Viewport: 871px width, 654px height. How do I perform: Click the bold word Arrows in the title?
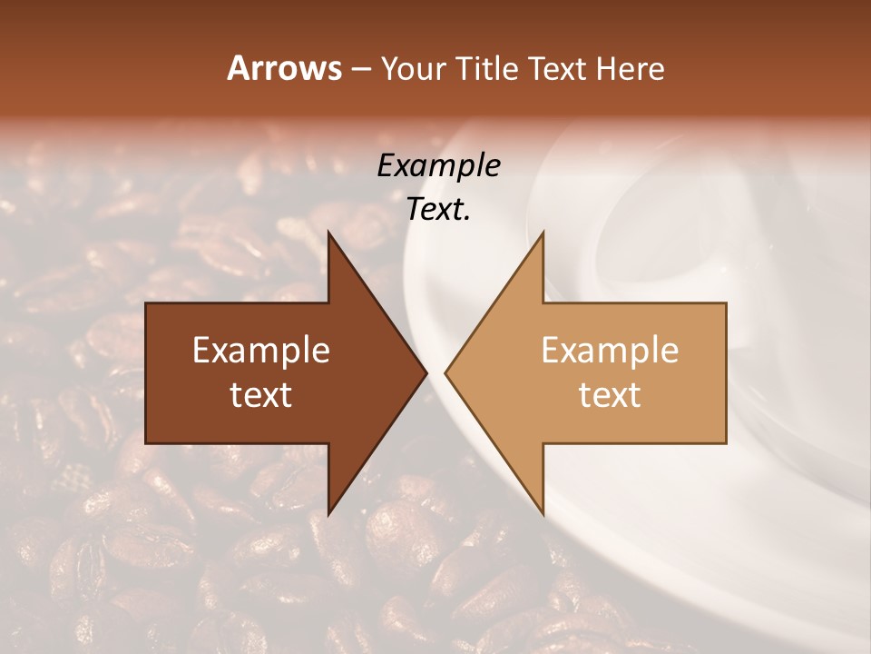tap(285, 68)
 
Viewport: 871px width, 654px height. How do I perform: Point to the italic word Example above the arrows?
tap(439, 165)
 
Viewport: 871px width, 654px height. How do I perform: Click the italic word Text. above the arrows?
tap(439, 210)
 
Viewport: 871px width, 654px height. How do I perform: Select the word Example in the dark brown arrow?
tap(261, 351)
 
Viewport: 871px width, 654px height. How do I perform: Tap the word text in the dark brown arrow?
tap(261, 395)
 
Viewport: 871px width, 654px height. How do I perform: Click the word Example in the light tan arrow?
tap(610, 351)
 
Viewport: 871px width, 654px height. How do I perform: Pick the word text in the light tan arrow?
tap(610, 395)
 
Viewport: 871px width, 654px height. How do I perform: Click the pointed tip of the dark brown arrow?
tap(426, 372)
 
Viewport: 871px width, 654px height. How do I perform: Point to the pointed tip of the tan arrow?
tap(445, 372)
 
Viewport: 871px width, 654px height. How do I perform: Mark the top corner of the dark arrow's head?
tap(328, 232)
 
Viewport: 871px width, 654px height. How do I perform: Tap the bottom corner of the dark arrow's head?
tap(328, 514)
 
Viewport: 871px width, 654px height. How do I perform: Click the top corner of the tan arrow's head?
tap(543, 232)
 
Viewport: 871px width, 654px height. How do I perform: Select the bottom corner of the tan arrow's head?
tap(543, 514)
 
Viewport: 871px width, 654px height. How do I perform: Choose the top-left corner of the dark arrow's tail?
tap(146, 303)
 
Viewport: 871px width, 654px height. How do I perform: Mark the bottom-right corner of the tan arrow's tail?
tap(726, 442)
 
